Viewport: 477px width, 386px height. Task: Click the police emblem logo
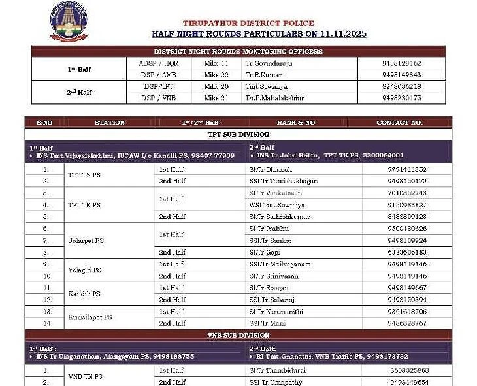point(69,22)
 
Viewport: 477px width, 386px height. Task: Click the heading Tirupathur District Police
point(248,24)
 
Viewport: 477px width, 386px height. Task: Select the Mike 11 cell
point(216,63)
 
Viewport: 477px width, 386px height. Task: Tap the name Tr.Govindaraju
point(269,63)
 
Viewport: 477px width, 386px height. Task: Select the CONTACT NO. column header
point(399,122)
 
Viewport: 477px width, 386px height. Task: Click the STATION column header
point(110,122)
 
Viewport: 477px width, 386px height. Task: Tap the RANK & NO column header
point(295,122)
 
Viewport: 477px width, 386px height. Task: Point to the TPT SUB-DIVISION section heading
point(238,134)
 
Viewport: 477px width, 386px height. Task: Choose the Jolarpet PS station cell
point(86,240)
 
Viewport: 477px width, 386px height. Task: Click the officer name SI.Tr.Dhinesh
point(269,169)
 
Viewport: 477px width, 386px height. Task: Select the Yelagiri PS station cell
point(84,270)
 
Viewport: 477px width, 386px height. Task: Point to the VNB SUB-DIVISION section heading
point(238,335)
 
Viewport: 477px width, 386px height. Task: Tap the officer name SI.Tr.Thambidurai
point(277,370)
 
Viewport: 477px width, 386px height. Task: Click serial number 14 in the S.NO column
point(45,323)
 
